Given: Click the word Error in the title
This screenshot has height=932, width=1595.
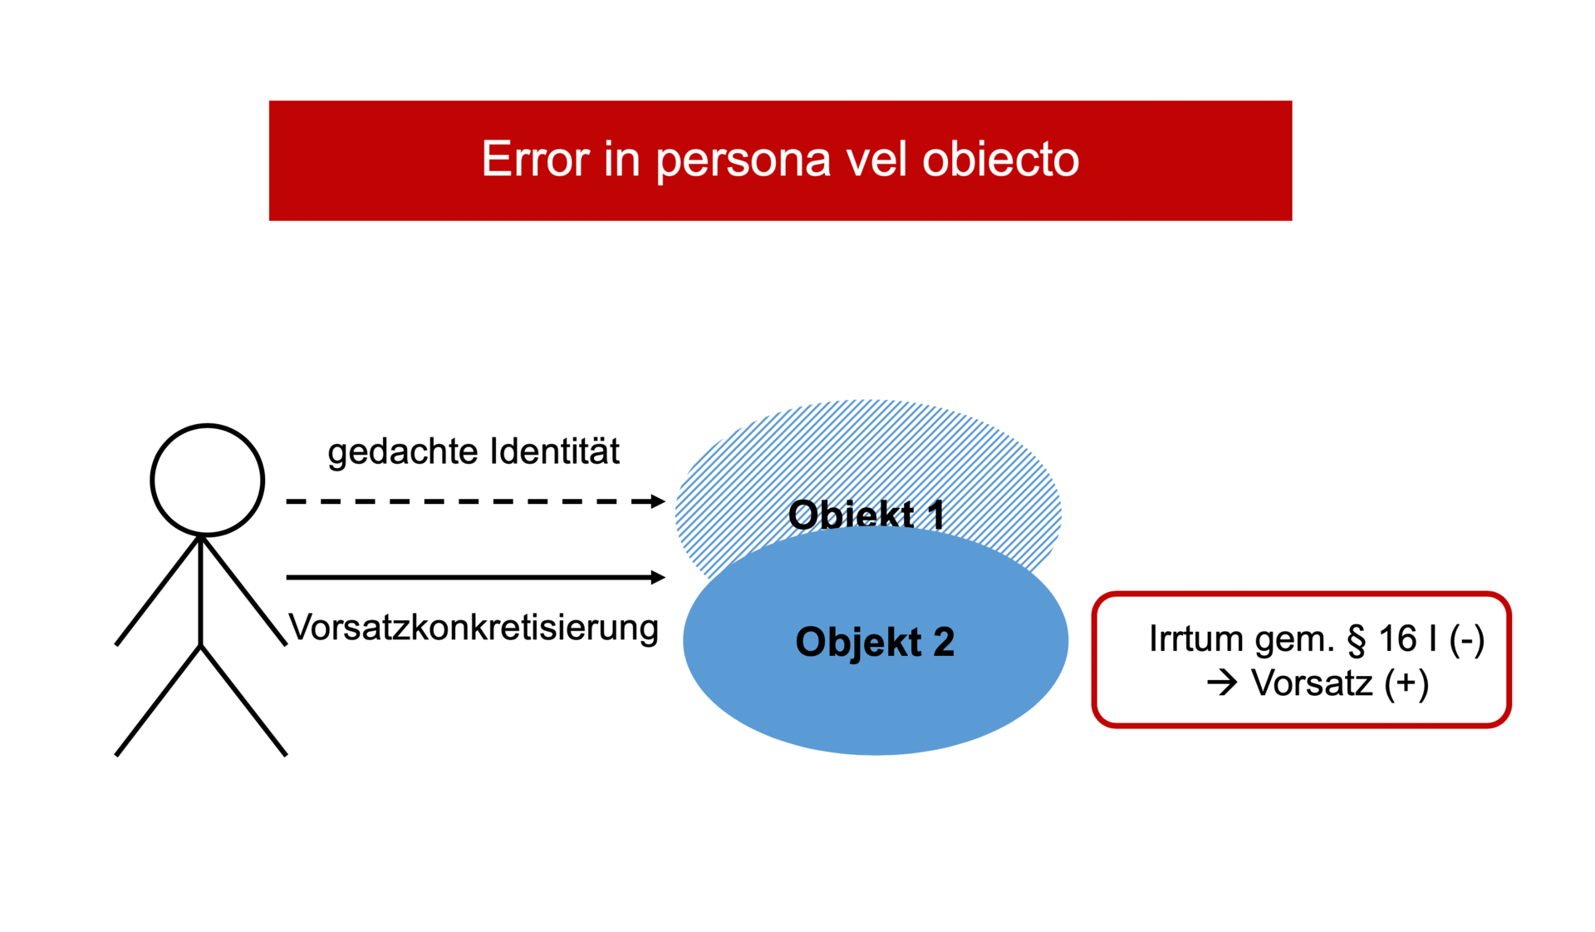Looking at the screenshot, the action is click(x=536, y=159).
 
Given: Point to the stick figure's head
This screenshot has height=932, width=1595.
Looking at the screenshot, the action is click(x=208, y=480).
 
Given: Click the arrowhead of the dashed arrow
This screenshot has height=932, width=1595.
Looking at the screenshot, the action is click(x=657, y=501).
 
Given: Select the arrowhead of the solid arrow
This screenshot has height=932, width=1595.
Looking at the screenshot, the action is click(x=657, y=577).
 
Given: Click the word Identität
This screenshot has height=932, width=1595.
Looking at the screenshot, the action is click(x=555, y=451).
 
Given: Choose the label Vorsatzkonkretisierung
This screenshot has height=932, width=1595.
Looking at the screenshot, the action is click(x=474, y=628).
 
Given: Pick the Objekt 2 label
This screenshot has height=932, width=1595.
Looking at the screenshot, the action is click(x=875, y=643).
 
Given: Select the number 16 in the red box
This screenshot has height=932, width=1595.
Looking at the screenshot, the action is click(x=1397, y=639).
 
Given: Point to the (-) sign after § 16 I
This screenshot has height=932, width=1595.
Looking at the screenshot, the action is click(x=1467, y=640).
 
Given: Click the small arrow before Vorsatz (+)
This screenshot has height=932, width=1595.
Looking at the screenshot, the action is click(x=1222, y=683).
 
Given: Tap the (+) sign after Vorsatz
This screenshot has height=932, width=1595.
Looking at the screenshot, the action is click(x=1406, y=684).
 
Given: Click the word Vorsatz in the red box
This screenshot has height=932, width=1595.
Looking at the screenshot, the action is click(x=1312, y=683).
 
